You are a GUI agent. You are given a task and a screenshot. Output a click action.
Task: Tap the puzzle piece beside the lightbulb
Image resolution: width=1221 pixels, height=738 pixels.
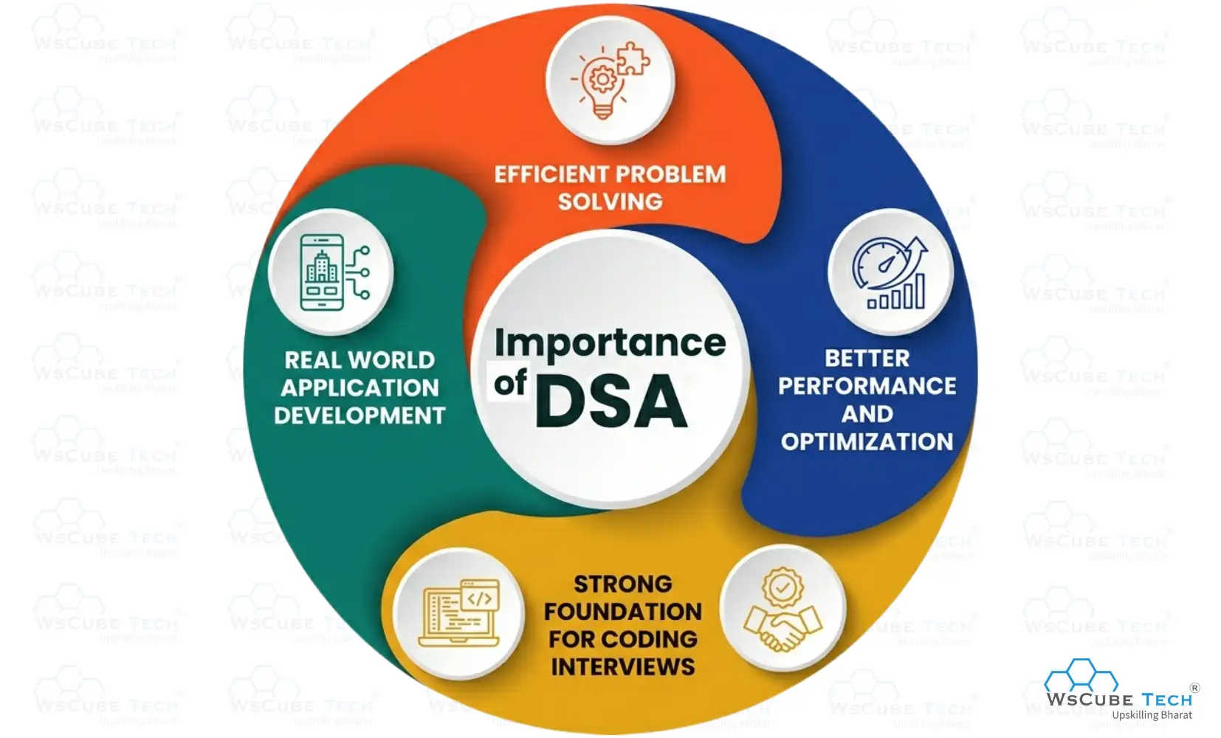[633, 59]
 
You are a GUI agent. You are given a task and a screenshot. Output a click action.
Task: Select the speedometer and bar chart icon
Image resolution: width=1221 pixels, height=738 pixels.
[890, 272]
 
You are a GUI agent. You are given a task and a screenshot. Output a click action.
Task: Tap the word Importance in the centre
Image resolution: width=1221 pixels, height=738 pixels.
[610, 343]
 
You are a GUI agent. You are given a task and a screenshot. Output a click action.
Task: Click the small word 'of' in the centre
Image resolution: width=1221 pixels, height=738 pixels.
[510, 383]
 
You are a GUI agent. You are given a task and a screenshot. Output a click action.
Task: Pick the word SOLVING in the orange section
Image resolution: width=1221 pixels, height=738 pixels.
[610, 201]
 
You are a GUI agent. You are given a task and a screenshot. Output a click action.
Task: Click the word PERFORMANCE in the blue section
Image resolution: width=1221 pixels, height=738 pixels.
[867, 386]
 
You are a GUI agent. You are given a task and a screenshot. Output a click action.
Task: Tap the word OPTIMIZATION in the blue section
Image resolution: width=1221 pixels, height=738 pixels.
[867, 442]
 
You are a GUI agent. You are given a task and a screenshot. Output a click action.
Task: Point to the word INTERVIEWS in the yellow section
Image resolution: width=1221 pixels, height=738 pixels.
[622, 667]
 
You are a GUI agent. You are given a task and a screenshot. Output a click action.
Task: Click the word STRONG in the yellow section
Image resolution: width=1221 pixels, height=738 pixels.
[622, 584]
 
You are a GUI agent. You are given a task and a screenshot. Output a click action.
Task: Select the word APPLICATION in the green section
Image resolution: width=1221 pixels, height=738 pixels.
[360, 388]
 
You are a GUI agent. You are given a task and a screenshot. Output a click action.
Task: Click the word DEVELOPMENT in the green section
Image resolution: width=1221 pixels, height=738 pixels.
[360, 416]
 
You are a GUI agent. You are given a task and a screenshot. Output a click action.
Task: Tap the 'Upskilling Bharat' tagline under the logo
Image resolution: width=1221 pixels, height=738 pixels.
[1152, 715]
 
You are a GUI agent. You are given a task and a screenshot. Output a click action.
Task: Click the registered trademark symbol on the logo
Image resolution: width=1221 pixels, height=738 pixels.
[1194, 688]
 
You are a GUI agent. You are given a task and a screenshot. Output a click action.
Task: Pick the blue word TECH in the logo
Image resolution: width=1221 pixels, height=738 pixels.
[1166, 700]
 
